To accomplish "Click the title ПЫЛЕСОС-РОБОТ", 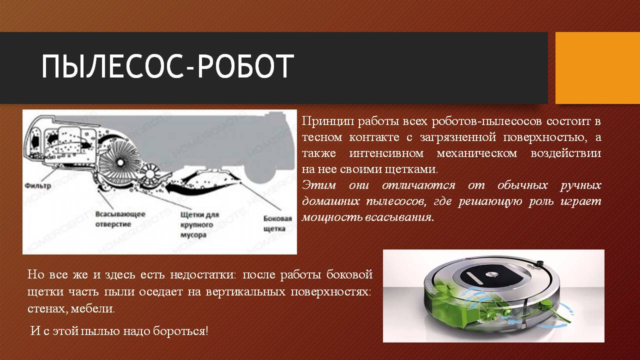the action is [x=167, y=66].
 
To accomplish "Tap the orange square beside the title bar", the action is [x=597, y=68].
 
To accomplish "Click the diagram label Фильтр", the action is [x=38, y=186].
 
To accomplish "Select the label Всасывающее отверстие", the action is [x=120, y=219].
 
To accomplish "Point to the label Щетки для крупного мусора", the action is [x=199, y=224].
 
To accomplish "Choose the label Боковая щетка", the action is [x=277, y=223].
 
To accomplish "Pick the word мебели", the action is [x=92, y=309].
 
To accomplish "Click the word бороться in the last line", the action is [x=180, y=331].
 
